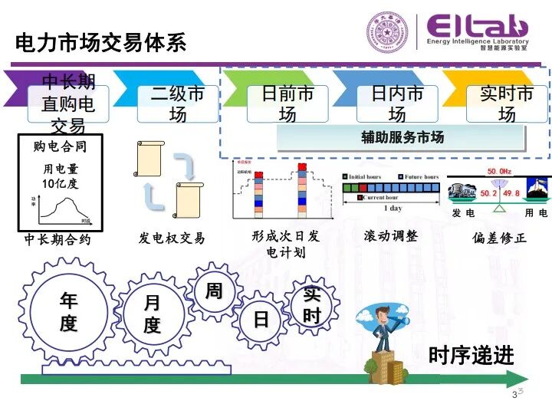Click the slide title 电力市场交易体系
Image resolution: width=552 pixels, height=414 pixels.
click(x=100, y=41)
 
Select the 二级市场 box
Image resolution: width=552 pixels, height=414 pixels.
click(x=178, y=104)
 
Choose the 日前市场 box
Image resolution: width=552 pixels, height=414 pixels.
click(x=287, y=104)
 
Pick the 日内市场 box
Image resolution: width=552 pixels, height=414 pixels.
click(x=397, y=104)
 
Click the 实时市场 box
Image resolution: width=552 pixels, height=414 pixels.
click(x=507, y=104)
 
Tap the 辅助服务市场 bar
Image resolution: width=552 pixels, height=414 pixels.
click(x=402, y=138)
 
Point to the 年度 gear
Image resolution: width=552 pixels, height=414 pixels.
click(x=68, y=312)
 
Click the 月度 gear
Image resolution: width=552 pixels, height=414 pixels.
click(x=152, y=314)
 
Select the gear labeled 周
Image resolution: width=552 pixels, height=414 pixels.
click(x=213, y=291)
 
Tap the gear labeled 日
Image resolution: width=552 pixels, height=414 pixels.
click(x=261, y=318)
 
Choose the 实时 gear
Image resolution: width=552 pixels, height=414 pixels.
click(x=311, y=305)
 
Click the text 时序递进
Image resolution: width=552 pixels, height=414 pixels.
click(x=471, y=356)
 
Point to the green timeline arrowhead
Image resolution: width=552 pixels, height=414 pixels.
click(x=518, y=378)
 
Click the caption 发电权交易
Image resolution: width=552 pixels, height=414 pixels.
click(x=172, y=238)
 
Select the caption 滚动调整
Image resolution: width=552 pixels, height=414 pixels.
click(x=391, y=236)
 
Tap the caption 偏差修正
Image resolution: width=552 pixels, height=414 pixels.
click(x=500, y=238)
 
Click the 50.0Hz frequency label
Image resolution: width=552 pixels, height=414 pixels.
click(x=499, y=170)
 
